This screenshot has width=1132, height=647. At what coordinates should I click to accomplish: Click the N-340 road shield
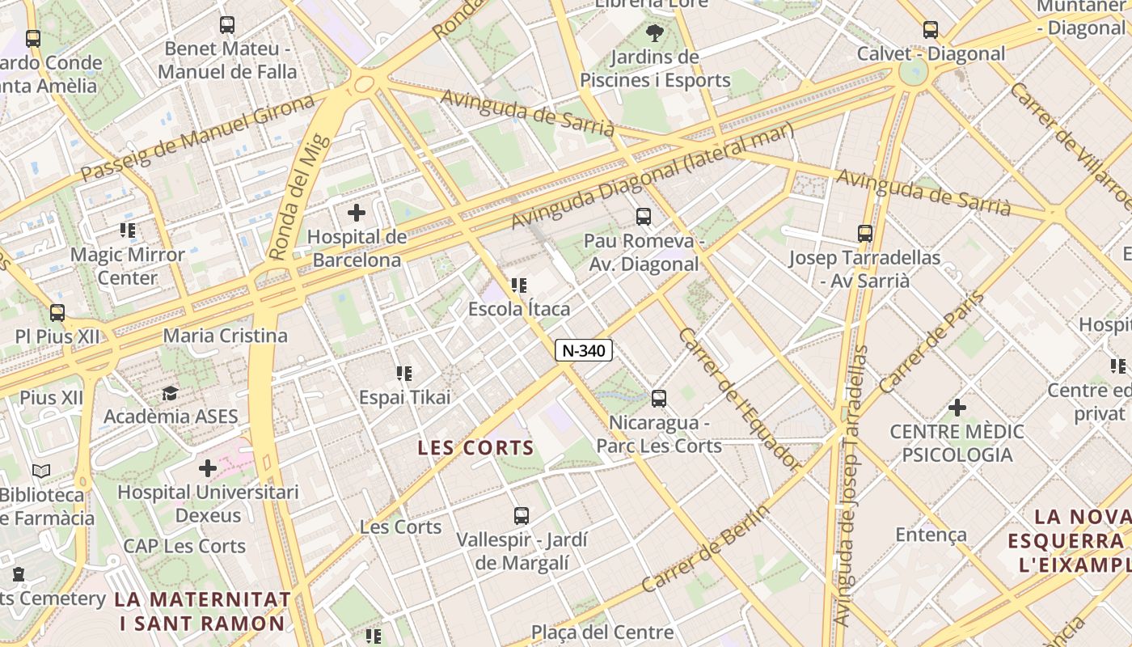click(x=584, y=350)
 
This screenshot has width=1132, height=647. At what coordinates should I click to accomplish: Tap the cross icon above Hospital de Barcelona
click(x=356, y=214)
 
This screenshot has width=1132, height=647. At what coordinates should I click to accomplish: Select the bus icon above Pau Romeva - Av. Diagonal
click(x=643, y=217)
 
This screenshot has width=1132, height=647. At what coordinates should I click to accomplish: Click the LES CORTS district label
click(x=476, y=447)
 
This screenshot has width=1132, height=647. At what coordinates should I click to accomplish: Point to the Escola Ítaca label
click(x=519, y=309)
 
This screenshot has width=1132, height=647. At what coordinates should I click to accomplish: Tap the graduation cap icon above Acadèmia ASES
click(x=170, y=394)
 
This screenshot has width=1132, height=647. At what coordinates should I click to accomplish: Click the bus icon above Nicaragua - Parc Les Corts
click(x=659, y=399)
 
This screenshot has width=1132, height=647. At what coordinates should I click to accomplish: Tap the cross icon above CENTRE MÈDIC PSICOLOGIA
click(x=957, y=407)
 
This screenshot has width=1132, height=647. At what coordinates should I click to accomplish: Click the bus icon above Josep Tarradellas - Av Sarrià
click(x=865, y=234)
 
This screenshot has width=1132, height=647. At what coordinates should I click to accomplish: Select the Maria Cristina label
click(x=225, y=336)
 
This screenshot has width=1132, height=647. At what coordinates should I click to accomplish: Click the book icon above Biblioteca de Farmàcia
click(x=41, y=471)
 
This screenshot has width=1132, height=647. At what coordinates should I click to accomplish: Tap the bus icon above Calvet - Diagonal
click(x=931, y=30)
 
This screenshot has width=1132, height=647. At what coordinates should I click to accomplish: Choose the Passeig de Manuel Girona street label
click(x=197, y=138)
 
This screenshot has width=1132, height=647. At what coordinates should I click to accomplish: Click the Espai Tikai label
click(x=404, y=397)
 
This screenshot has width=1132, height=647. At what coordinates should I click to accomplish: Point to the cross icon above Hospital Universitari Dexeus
click(x=208, y=468)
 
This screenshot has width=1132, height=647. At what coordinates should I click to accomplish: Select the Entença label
click(x=931, y=535)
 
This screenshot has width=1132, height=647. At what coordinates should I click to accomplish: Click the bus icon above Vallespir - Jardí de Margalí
click(x=522, y=515)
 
